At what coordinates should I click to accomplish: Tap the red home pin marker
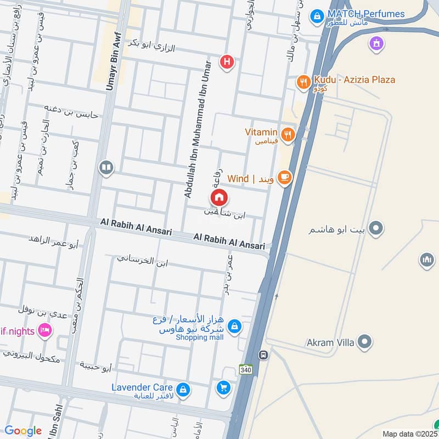219,197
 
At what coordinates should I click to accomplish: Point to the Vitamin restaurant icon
287,134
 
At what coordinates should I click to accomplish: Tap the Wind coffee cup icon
284,177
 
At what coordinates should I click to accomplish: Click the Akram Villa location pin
363,343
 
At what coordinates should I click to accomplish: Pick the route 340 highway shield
246,370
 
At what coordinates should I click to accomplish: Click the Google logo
23,431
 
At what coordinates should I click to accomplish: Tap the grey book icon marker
106,167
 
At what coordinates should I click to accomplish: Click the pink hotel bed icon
46,330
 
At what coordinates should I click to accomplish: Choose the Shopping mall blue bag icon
234,327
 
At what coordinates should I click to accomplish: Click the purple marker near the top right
376,42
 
